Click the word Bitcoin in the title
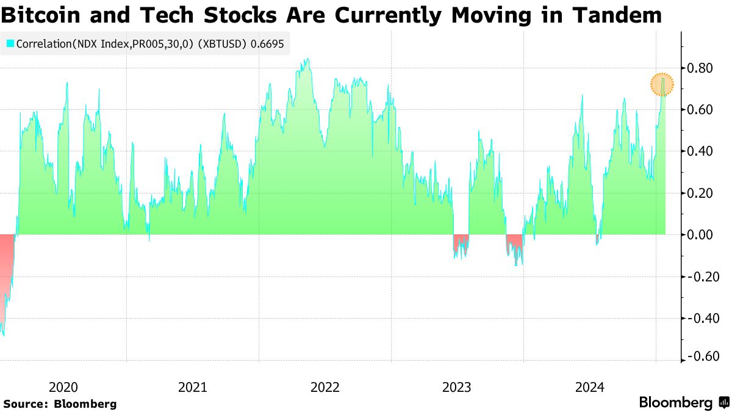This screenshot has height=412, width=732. [x=44, y=15]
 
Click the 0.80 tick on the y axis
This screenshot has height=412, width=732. [x=699, y=68]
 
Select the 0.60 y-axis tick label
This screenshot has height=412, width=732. [x=699, y=110]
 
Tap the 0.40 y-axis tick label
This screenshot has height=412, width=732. [x=699, y=151]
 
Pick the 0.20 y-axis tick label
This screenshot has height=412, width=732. [x=699, y=193]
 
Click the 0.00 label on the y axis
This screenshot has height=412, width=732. [x=699, y=235]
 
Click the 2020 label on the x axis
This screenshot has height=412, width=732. [x=63, y=387]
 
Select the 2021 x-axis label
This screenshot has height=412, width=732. [x=193, y=387]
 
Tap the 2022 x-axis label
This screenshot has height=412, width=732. [x=325, y=387]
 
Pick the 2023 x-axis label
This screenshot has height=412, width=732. [x=457, y=387]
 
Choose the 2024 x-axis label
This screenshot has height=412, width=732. [x=589, y=387]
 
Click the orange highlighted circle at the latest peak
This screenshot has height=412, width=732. [x=662, y=85]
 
